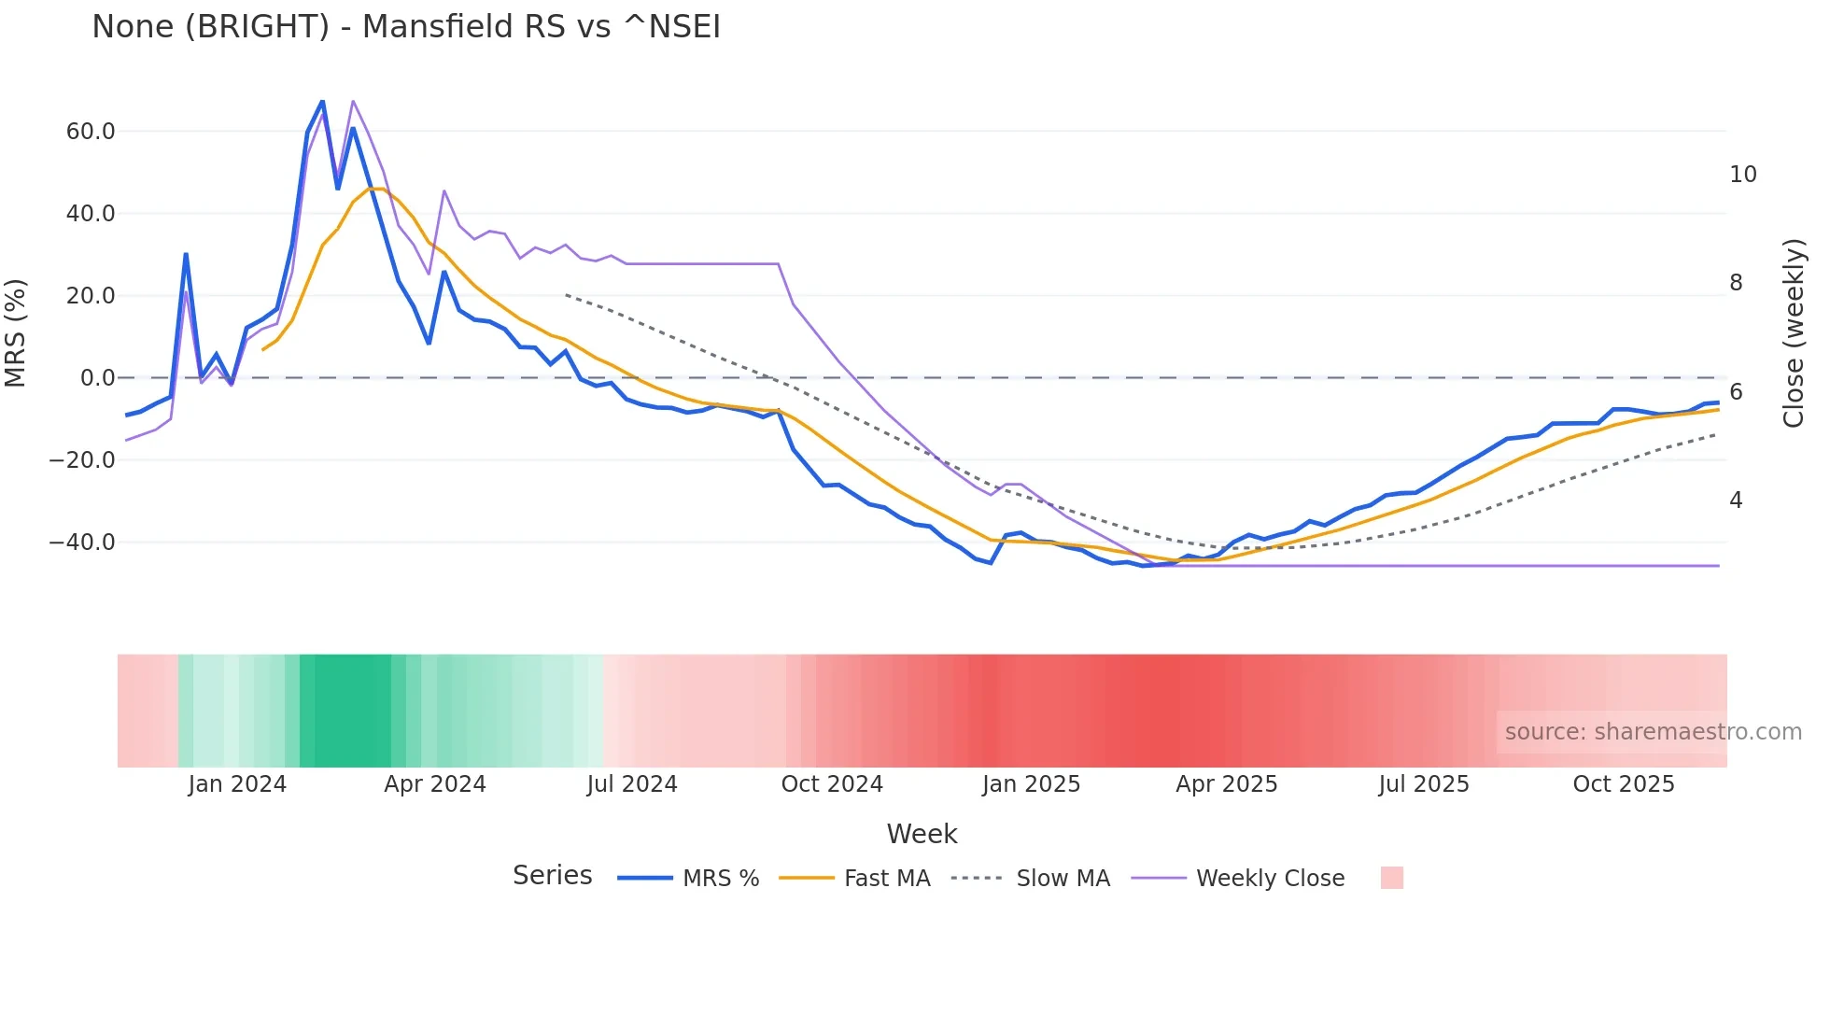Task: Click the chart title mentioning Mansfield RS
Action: point(406,26)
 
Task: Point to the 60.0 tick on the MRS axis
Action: point(91,132)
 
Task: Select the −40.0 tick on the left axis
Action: point(82,543)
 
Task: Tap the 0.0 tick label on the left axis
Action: point(97,378)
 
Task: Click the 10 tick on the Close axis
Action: point(1742,175)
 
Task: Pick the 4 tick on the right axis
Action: point(1736,500)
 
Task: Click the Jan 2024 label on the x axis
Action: point(237,784)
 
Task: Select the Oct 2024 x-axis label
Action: point(832,784)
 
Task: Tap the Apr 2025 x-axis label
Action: point(1226,784)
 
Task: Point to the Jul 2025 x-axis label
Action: point(1424,784)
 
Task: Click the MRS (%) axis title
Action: point(16,333)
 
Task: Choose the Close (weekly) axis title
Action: point(1794,333)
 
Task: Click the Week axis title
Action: point(922,834)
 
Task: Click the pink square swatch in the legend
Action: point(1391,878)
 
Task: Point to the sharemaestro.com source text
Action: point(1653,732)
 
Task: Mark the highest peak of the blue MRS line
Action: point(323,101)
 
